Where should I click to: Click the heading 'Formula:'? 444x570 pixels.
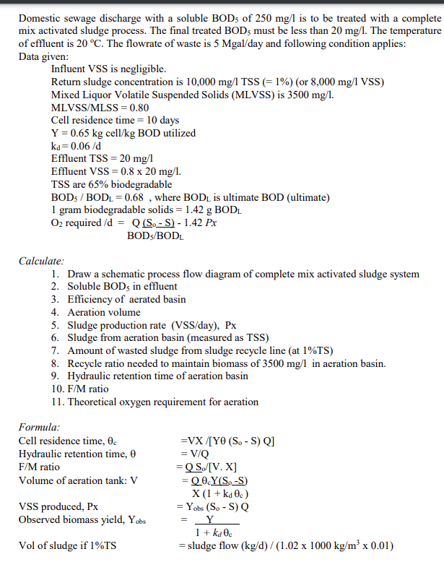pyautogui.click(x=40, y=427)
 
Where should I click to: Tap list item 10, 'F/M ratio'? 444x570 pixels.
pyautogui.click(x=88, y=389)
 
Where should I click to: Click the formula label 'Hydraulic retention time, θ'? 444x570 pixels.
pyautogui.click(x=77, y=454)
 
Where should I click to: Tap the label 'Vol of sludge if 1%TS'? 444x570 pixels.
pyautogui.click(x=69, y=545)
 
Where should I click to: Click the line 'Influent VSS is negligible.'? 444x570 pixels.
pyautogui.click(x=109, y=69)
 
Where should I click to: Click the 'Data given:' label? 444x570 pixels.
pyautogui.click(x=44, y=56)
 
